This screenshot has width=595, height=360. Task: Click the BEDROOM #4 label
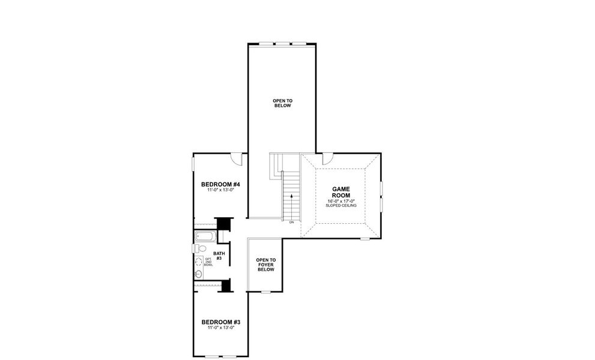220,184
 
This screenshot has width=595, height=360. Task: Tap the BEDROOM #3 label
220,322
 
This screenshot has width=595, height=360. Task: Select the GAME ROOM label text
340,192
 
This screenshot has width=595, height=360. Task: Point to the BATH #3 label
220,256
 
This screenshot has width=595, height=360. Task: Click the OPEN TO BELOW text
282,103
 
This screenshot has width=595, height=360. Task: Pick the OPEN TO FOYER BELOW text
265,265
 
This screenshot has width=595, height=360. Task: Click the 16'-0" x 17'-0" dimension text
340,201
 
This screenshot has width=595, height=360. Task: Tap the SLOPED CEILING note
340,206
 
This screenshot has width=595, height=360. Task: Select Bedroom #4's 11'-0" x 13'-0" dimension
220,190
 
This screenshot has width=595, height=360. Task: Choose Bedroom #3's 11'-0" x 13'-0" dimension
220,328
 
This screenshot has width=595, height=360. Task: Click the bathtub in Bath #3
205,236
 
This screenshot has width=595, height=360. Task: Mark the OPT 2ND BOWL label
208,262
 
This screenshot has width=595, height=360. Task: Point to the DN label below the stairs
291,222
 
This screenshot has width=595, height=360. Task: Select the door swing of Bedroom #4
237,159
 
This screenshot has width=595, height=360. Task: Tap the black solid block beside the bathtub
223,223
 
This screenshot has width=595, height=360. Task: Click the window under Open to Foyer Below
265,292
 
